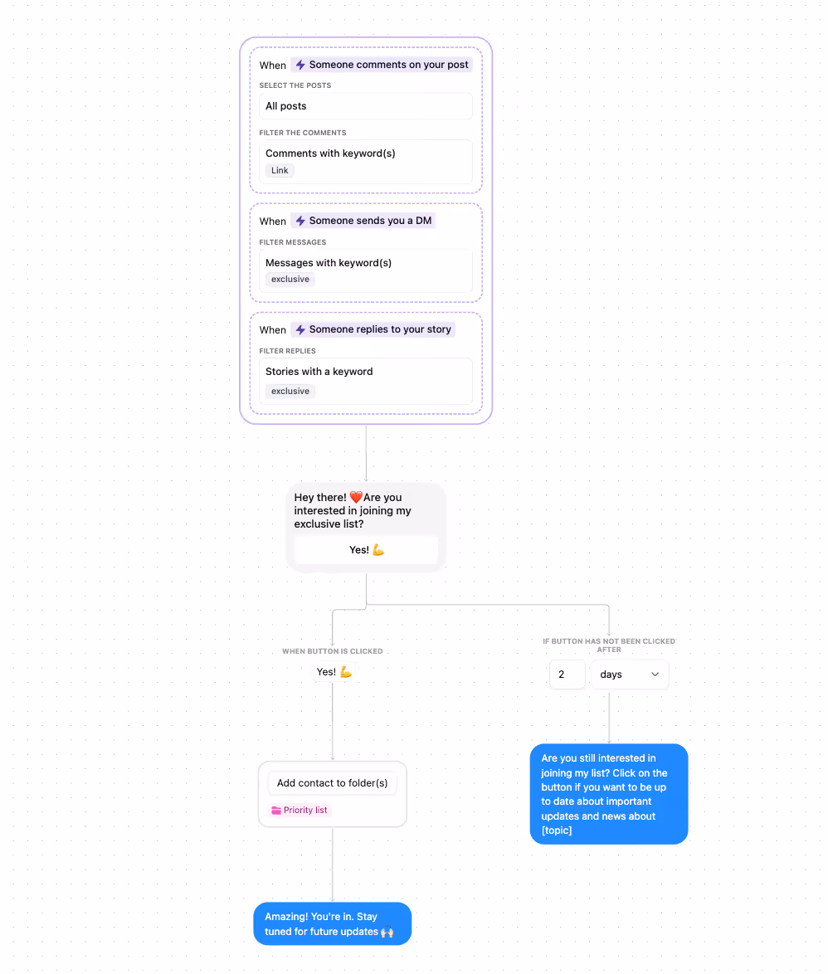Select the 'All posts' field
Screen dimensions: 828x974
[x=366, y=106]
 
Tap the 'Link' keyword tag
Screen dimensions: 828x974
[x=280, y=170]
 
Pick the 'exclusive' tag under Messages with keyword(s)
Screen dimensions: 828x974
[x=290, y=280]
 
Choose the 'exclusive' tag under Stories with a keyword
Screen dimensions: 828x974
[x=290, y=392]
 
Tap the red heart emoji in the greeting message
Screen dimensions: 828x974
[x=356, y=497]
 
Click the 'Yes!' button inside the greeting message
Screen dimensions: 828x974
[x=367, y=550]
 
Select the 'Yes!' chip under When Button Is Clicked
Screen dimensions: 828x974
[x=334, y=672]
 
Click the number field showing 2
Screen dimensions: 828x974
[x=567, y=674]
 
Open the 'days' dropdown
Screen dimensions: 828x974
[x=630, y=674]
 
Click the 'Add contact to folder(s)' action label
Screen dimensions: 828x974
[x=333, y=783]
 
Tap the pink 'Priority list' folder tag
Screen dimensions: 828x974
[x=300, y=810]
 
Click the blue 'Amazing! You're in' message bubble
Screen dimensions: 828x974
[x=333, y=923]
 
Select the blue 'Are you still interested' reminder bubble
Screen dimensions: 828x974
[x=609, y=794]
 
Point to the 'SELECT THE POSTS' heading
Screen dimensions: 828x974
[x=295, y=85]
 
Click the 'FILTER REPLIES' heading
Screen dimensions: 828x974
[x=288, y=351]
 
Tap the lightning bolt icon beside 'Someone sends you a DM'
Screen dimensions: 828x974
[x=300, y=221]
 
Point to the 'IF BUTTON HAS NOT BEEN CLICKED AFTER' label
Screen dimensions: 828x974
[x=609, y=645]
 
